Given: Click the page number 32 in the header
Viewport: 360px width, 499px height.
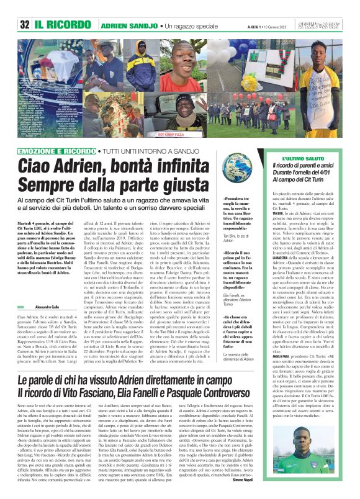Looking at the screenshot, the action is pos(24,24).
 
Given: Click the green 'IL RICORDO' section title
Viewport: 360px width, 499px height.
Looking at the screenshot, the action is pos(61,25).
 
